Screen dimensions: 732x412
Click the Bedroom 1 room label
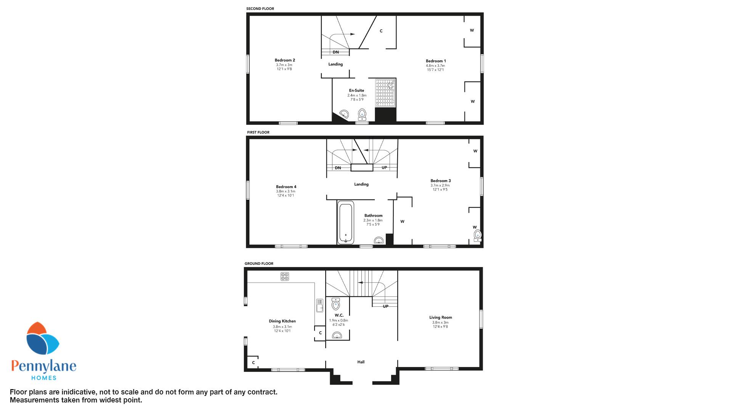[x=436, y=61]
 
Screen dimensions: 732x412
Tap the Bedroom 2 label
[x=285, y=60]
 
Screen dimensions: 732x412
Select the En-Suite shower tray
[x=385, y=93]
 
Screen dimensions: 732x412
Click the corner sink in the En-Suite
[x=344, y=114]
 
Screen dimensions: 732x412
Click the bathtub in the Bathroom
[x=346, y=224]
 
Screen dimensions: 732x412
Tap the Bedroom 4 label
[x=286, y=187]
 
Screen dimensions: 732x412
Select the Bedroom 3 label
[x=441, y=181]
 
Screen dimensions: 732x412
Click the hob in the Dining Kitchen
[x=285, y=276]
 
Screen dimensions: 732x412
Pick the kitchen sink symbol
[x=319, y=306]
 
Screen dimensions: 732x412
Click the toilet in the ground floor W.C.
[x=336, y=304]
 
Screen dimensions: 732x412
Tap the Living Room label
[x=441, y=317]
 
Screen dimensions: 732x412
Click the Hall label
[x=361, y=362]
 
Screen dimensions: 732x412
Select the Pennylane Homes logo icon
[x=42, y=339]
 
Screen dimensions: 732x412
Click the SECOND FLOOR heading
[x=260, y=9]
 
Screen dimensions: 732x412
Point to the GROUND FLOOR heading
[x=259, y=264]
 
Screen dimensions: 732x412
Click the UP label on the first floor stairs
[x=384, y=168]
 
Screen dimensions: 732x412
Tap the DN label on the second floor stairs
[x=335, y=52]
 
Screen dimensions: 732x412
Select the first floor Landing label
[x=361, y=184]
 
